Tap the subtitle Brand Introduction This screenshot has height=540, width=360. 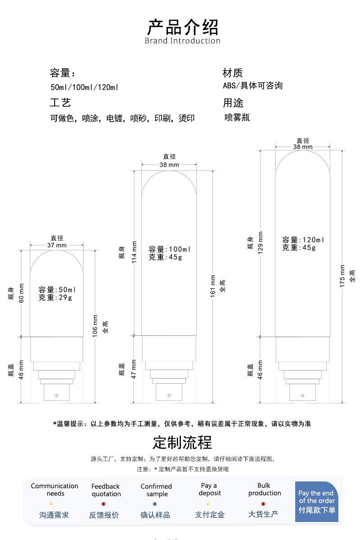coord(182,41)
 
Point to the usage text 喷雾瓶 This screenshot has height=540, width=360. coord(237,118)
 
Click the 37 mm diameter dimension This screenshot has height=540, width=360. coord(57,245)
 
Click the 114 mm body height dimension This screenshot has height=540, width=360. coord(134,253)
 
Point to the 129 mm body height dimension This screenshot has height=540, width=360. coord(260,242)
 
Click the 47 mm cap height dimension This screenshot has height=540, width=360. coord(134,369)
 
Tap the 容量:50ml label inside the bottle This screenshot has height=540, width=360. coord(57,290)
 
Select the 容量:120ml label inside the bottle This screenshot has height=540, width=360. coord(303,240)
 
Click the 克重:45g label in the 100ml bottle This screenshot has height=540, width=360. coord(162,258)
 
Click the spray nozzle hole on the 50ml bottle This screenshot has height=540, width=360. coord(56,395)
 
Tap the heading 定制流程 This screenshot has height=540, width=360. coord(182,442)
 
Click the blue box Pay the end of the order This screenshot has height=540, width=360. coord(316,502)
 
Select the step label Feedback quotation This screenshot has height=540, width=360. coord(106,490)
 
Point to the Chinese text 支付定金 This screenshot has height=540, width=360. coord(210,514)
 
